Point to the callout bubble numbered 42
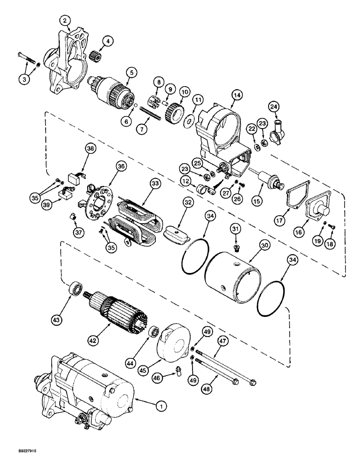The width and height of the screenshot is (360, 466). [x=95, y=341]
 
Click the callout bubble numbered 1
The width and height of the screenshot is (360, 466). [x=161, y=407]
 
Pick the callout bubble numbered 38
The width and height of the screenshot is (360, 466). [x=90, y=149]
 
